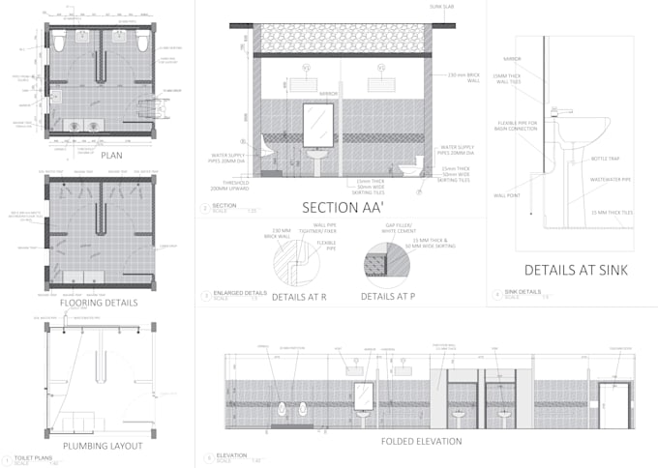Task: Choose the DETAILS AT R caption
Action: click(x=297, y=296)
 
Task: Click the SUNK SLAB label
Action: click(x=441, y=8)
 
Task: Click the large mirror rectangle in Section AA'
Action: click(x=317, y=125)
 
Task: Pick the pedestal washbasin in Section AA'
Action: click(x=317, y=159)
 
